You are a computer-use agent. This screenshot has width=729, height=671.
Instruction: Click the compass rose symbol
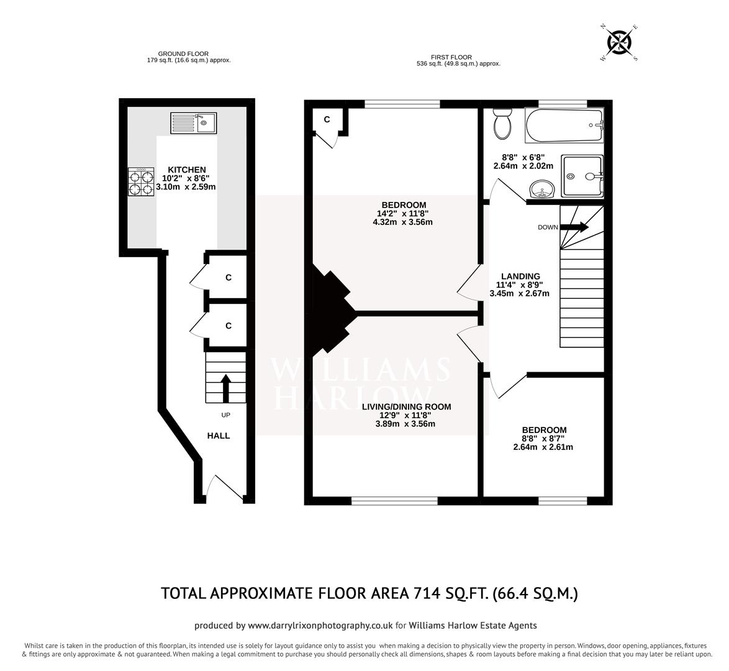619,43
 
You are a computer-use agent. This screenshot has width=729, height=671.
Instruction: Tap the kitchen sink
194,123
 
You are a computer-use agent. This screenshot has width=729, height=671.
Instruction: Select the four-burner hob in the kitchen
141,183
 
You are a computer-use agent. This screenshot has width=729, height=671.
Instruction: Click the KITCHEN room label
187,170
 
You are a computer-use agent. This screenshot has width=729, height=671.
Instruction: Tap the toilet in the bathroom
502,124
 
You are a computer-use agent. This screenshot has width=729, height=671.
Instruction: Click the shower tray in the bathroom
582,176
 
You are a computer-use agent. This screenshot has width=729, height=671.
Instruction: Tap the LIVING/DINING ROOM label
406,407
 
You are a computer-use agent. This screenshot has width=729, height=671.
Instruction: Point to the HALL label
218,436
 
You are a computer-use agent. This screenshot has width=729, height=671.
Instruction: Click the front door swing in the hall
224,488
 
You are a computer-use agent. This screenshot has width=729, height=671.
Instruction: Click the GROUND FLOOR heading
183,54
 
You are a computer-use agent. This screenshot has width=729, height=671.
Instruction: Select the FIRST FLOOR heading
458,57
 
